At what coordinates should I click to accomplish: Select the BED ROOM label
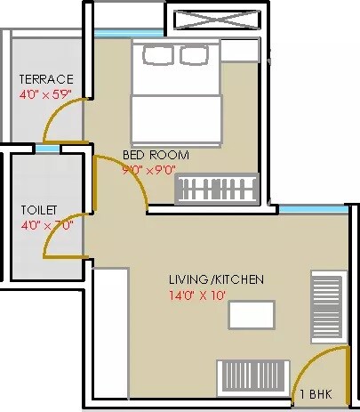pyautogui.click(x=156, y=155)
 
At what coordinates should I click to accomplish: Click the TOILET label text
pyautogui.click(x=39, y=211)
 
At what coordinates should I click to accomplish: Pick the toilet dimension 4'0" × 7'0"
pyautogui.click(x=46, y=225)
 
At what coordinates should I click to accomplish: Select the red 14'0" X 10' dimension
pyautogui.click(x=214, y=295)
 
